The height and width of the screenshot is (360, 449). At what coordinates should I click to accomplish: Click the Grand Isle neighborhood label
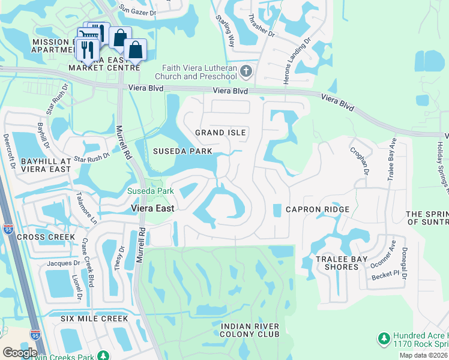[221, 132]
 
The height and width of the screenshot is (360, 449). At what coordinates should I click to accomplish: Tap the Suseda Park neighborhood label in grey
[183, 151]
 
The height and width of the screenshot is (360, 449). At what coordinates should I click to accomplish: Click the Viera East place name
[153, 208]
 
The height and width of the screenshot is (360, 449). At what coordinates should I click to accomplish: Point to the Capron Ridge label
[317, 209]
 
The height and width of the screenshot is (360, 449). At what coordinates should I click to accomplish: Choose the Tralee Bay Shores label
[337, 263]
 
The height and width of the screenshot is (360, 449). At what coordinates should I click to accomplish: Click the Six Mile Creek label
[86, 318]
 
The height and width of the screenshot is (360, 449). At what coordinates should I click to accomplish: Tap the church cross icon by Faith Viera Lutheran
[246, 73]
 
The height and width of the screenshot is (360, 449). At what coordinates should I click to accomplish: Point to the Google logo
[20, 353]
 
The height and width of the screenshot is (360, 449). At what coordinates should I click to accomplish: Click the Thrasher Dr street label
[261, 26]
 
